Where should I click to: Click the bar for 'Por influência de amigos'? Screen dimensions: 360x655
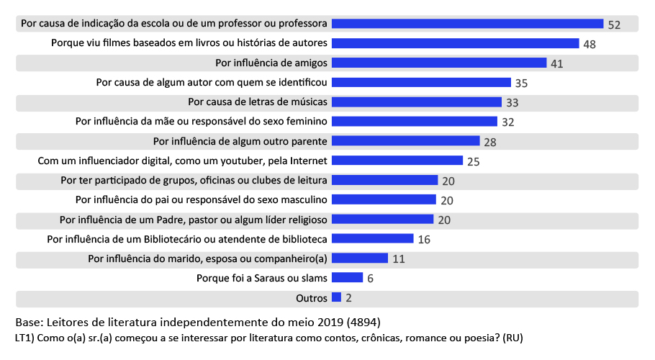pos(439,63)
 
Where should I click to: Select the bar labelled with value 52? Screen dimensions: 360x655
pos(467,24)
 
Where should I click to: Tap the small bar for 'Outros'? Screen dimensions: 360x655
pos(336,297)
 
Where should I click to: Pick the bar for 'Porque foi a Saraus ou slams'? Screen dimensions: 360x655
pos(347,277)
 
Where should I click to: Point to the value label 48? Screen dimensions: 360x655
pos(589,44)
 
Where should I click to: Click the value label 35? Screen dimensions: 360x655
pos(521,83)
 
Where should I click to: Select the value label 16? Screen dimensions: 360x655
pos(424,239)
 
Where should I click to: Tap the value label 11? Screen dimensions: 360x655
pos(399,258)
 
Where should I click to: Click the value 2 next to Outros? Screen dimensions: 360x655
pos(348,297)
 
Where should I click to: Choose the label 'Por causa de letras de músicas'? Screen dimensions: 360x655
pos(258,102)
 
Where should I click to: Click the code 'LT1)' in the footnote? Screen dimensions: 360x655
pos(25,337)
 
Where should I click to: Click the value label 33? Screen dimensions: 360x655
pos(512,102)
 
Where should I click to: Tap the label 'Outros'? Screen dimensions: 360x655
pos(312,297)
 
